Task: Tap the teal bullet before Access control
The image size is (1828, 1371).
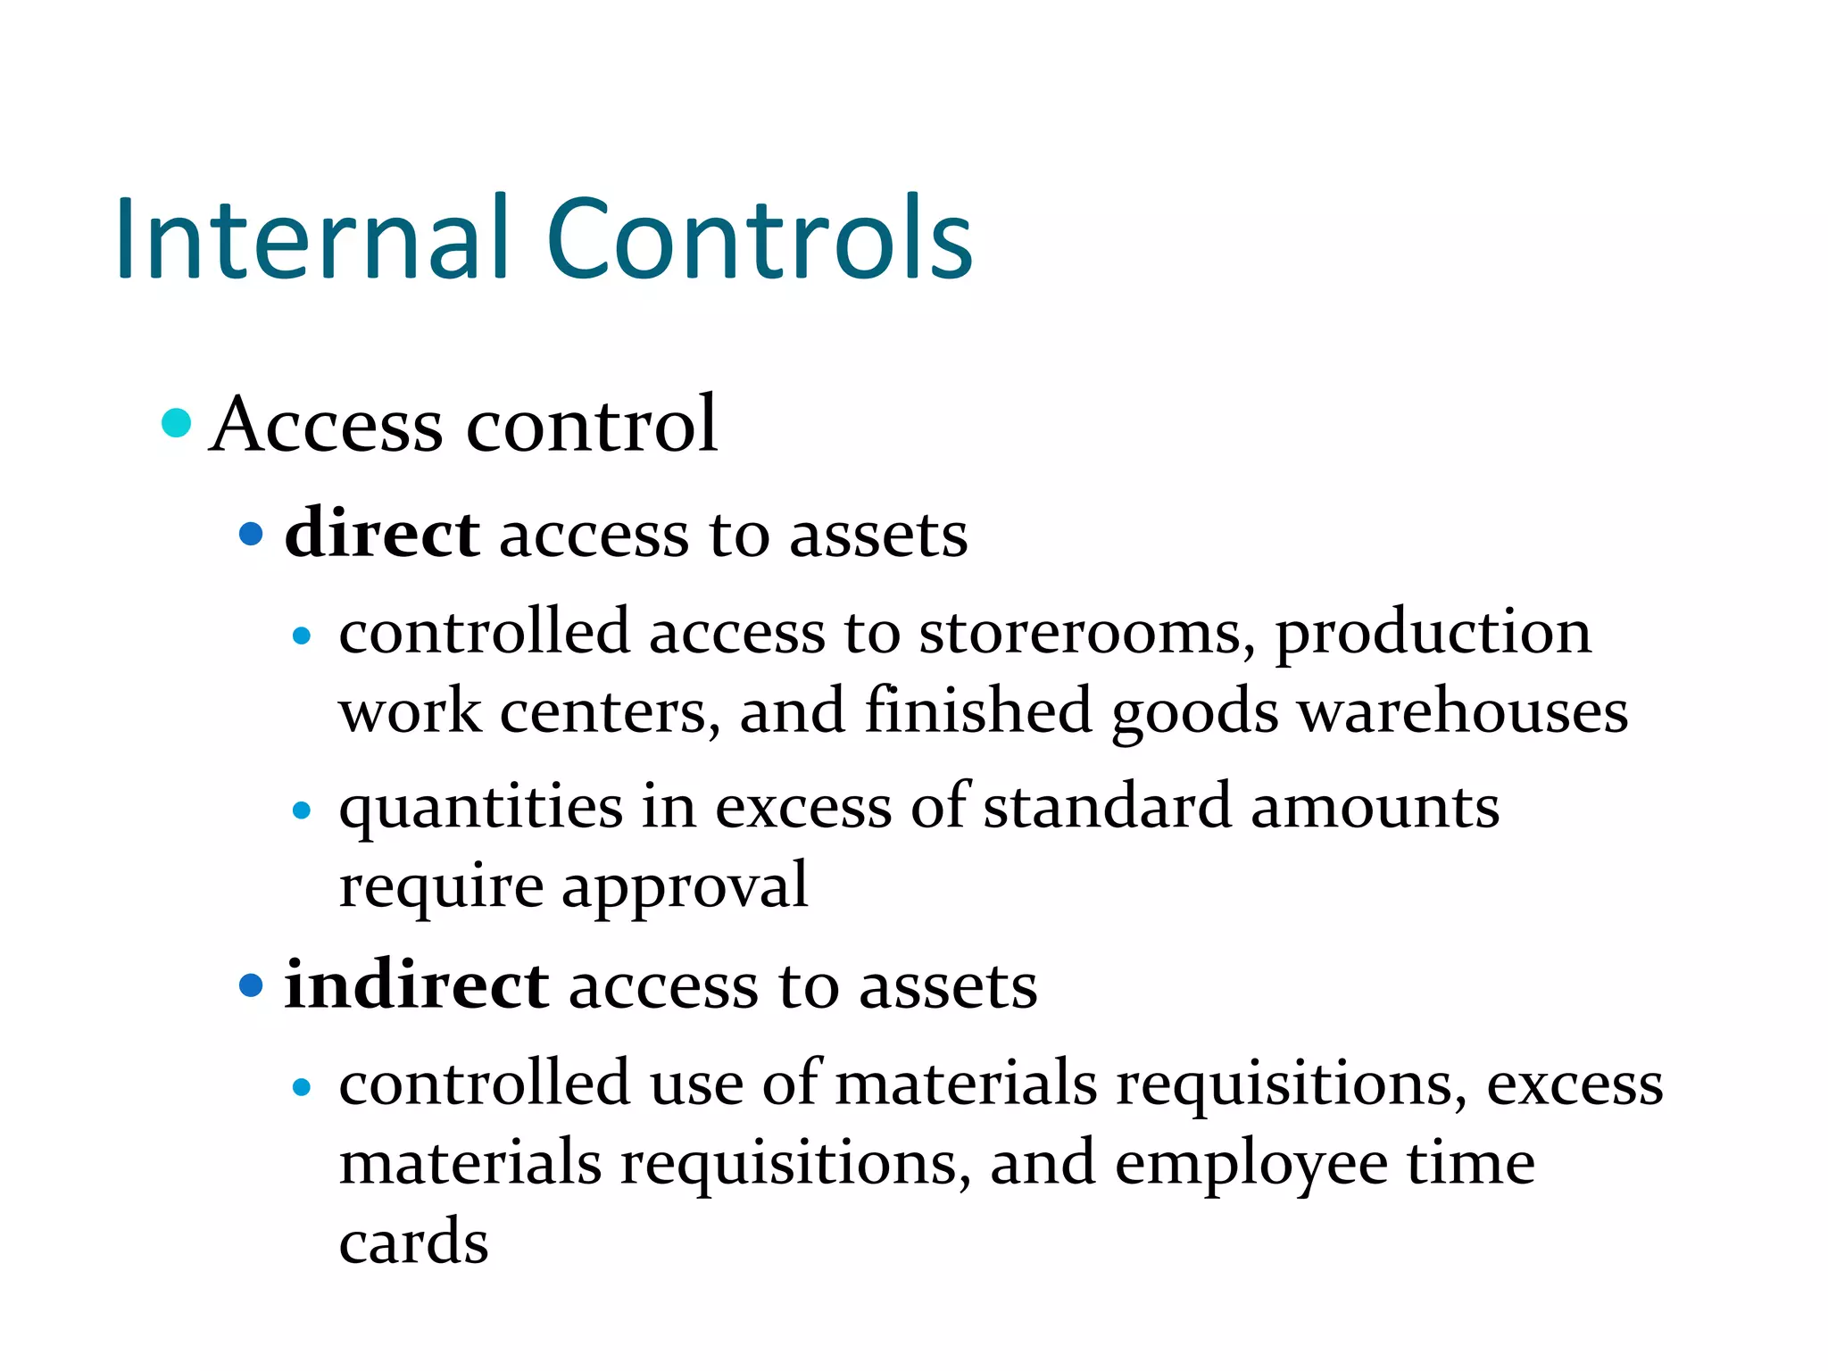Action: pos(177,423)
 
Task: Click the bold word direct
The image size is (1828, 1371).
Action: pos(382,534)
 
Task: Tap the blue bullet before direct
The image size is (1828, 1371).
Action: pos(252,535)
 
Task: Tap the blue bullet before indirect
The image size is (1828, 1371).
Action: pos(252,985)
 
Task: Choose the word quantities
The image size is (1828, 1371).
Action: pos(481,809)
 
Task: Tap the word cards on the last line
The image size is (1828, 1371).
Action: pos(413,1242)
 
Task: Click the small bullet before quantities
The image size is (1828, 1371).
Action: pos(302,810)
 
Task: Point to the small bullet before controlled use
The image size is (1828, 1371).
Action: pos(302,1087)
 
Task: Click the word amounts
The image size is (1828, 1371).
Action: pos(1375,809)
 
